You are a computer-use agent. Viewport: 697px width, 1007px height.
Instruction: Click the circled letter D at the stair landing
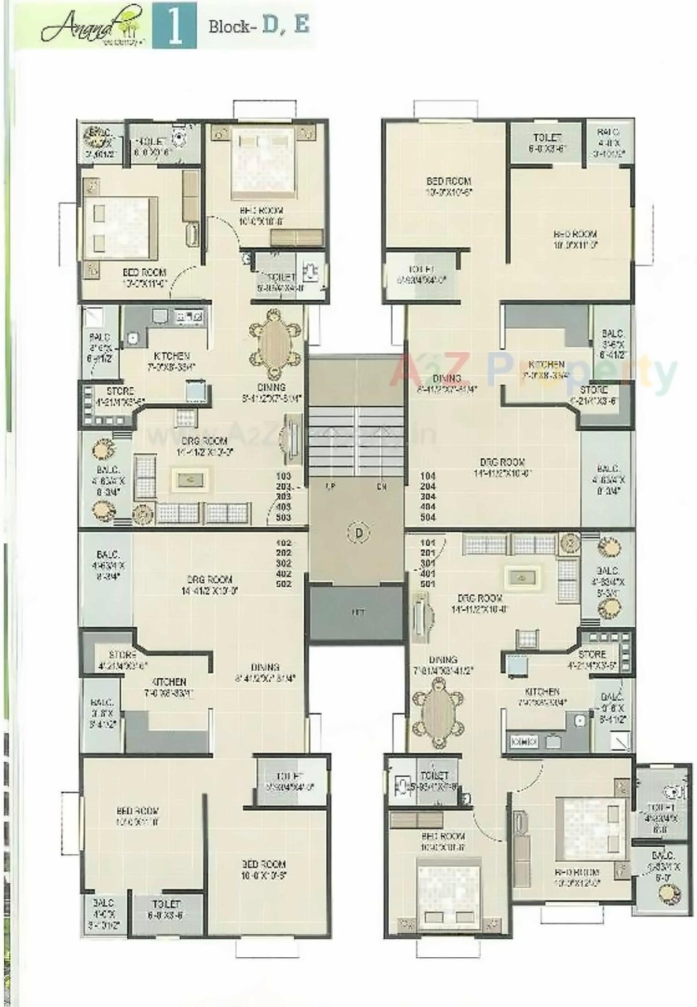(359, 532)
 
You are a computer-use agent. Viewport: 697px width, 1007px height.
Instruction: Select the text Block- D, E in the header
(259, 26)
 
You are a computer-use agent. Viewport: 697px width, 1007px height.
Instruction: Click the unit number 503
(283, 517)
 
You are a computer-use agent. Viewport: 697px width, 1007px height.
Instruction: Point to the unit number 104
(428, 476)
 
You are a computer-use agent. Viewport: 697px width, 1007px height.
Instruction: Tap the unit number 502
(283, 584)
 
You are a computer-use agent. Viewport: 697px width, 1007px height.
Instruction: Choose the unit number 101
(428, 543)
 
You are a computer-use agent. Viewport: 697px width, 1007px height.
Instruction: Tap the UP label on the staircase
(331, 487)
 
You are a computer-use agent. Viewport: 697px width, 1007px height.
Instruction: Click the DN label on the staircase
(382, 487)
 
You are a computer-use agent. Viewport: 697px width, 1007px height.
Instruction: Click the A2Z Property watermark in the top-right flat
(532, 370)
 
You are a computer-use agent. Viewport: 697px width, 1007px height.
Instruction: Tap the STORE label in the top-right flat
(594, 390)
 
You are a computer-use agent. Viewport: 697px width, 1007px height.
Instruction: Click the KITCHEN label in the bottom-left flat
(169, 682)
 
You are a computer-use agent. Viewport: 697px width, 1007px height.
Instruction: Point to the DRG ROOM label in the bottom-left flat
(209, 579)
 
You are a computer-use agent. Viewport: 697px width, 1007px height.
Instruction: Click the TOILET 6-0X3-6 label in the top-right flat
(547, 142)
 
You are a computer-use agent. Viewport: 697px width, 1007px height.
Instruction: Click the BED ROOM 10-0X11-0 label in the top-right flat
(575, 239)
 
